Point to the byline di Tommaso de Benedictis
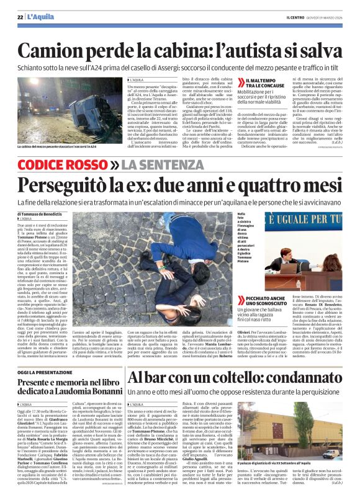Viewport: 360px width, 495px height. (47, 214)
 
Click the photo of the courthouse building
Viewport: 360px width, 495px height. (299, 421)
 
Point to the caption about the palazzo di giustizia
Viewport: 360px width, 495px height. (298, 464)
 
